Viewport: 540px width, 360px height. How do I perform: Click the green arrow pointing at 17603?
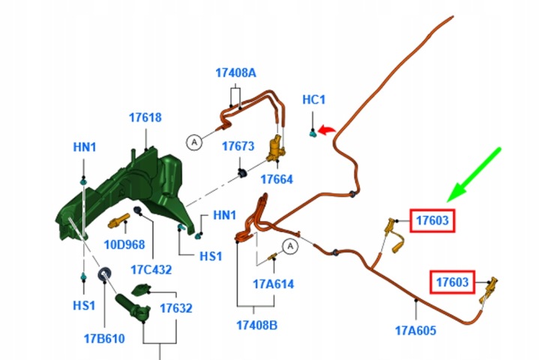tap(473, 175)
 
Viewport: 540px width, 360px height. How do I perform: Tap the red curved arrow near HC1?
tap(325, 130)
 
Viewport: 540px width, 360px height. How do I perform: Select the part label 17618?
tap(145, 118)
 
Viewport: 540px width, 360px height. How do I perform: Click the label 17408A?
tap(236, 73)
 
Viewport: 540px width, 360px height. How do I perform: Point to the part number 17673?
tap(238, 146)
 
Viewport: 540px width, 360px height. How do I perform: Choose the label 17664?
tap(277, 179)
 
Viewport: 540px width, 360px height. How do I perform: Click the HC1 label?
tap(313, 100)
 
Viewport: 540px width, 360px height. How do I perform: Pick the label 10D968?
tap(124, 244)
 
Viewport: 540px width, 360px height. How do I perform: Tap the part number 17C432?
tap(151, 269)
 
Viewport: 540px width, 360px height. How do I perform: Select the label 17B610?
tap(104, 339)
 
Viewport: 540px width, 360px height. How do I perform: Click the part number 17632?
tap(176, 308)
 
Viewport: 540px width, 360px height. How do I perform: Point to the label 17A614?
tap(274, 284)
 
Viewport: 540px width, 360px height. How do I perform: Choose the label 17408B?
tap(257, 325)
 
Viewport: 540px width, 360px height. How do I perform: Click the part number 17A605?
tap(415, 331)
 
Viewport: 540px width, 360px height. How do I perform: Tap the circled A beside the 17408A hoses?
tap(194, 142)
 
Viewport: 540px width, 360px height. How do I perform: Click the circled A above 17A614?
tap(290, 246)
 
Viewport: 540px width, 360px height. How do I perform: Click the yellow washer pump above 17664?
tap(276, 150)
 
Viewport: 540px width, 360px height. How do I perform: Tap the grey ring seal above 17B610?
tap(105, 274)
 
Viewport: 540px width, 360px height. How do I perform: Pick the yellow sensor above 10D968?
tap(118, 221)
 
